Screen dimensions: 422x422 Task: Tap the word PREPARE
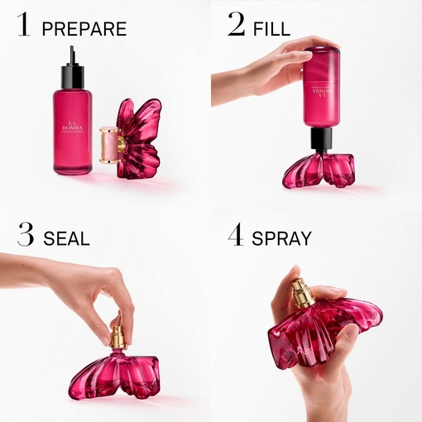84,29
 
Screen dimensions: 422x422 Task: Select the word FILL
271,29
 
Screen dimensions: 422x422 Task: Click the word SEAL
65,239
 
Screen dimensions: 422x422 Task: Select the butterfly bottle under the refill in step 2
319,169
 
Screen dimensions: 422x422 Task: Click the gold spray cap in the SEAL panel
117,336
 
